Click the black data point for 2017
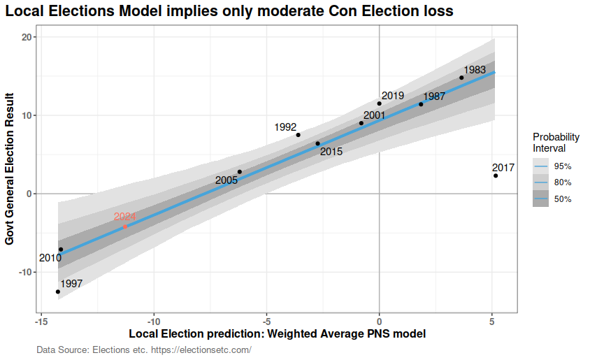[496, 175]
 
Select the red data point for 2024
[125, 226]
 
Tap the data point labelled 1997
[58, 291]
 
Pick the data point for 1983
[461, 78]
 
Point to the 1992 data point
[298, 135]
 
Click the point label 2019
[393, 96]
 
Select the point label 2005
[226, 180]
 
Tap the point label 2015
[331, 152]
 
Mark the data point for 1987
[421, 104]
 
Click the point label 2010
[50, 258]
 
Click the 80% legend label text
[563, 182]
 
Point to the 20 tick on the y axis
[27, 37]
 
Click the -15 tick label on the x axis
[41, 322]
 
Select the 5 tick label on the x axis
[492, 322]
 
